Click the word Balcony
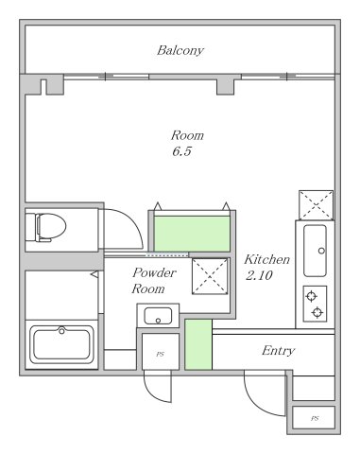[180, 50]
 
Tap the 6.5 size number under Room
[181, 151]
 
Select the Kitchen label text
[266, 259]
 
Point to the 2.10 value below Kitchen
[259, 275]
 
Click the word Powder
[154, 272]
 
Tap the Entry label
[278, 351]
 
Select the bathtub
[61, 344]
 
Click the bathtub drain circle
[61, 331]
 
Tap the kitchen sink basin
[315, 251]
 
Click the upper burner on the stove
[311, 296]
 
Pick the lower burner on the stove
[317, 312]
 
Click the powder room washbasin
[158, 316]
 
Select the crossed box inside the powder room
[210, 276]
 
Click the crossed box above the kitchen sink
[316, 204]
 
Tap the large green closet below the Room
[192, 234]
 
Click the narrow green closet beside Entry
[198, 344]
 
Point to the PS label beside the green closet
[160, 354]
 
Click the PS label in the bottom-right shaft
[315, 418]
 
